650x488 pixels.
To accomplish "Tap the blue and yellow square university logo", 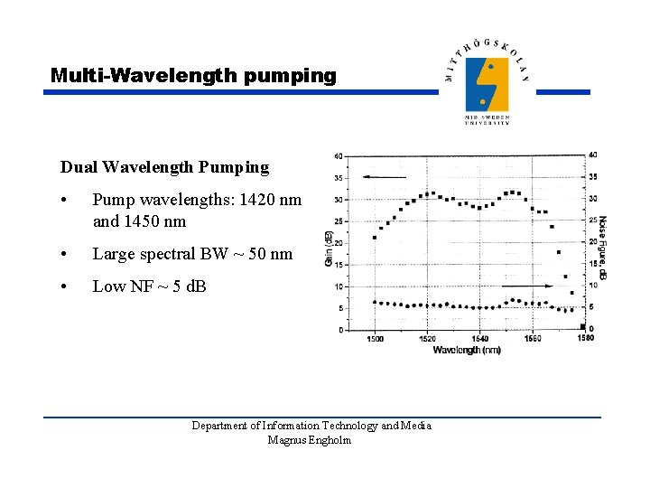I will [487, 84].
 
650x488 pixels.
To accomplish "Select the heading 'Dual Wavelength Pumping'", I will [164, 167].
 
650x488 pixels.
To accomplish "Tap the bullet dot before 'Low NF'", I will [65, 287].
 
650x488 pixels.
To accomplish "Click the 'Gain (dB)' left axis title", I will [328, 246].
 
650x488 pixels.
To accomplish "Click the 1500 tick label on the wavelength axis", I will [375, 339].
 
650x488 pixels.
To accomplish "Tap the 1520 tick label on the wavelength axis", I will [427, 339].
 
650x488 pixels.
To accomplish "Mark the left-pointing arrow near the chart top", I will [383, 177].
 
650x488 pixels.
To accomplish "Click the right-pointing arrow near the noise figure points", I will [540, 286].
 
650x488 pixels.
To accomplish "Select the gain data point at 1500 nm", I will [375, 238].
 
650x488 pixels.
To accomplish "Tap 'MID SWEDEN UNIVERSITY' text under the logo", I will [487, 120].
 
